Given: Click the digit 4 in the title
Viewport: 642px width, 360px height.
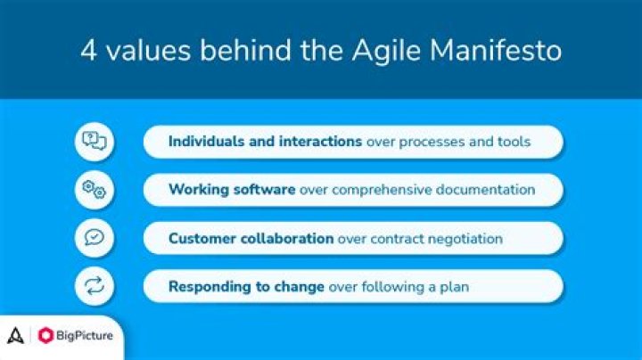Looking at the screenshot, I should click(x=89, y=50).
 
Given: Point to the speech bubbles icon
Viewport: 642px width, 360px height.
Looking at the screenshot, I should click(x=95, y=142).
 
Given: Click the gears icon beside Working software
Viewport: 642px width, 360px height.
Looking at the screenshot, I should click(x=95, y=190).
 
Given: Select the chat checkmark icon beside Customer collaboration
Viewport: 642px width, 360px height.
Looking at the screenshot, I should click(x=95, y=238).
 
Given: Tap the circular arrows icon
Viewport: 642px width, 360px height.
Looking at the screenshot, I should click(x=95, y=286).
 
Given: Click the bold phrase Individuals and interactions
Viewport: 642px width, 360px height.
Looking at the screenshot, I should click(x=265, y=142).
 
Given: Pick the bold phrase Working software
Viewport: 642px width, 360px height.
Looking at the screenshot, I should click(x=232, y=190).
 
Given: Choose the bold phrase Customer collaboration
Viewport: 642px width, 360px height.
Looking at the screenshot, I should click(x=251, y=239).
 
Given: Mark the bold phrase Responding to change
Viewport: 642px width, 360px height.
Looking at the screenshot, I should click(x=246, y=287).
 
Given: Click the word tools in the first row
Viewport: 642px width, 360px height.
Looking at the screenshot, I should click(x=513, y=142).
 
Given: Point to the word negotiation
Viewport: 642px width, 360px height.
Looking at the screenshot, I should click(x=463, y=239).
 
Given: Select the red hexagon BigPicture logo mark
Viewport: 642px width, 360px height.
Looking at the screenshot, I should click(x=45, y=336).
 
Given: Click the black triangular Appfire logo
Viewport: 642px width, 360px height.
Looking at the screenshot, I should click(x=15, y=336).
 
